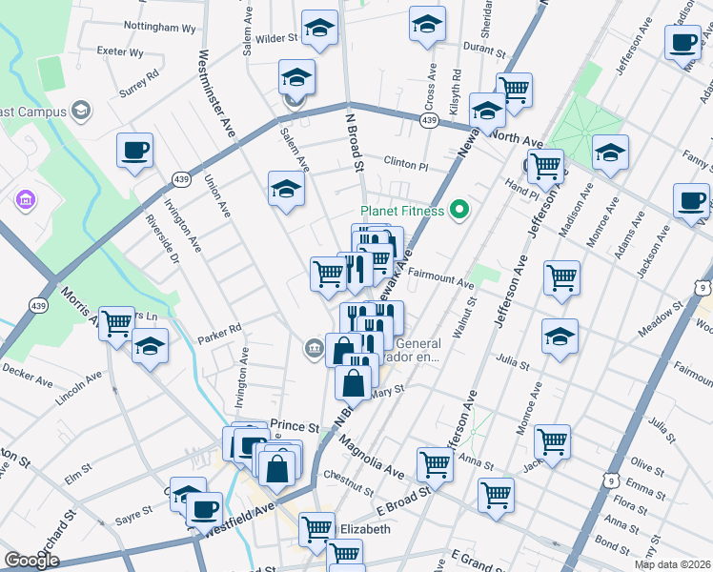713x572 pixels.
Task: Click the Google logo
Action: coord(31,561)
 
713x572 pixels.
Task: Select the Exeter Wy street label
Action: coord(120,53)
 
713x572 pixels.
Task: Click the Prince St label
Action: coord(293,425)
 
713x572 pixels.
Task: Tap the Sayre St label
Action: coord(134,514)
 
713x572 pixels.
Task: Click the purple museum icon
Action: coord(26,201)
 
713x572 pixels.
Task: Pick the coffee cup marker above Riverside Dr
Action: coord(134,150)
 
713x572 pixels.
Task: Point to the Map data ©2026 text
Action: coord(673,564)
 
